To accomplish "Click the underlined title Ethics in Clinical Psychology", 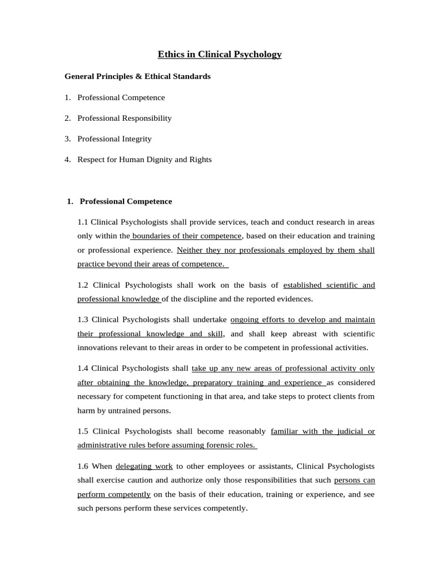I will click(220, 55).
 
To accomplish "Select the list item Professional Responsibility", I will click(125, 118).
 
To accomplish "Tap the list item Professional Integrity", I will click(115, 139).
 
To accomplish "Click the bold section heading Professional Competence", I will click(126, 202).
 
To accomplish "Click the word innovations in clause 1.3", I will click(97, 348).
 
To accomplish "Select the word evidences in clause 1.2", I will click(295, 299).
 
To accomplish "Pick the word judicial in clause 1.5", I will click(349, 431).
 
